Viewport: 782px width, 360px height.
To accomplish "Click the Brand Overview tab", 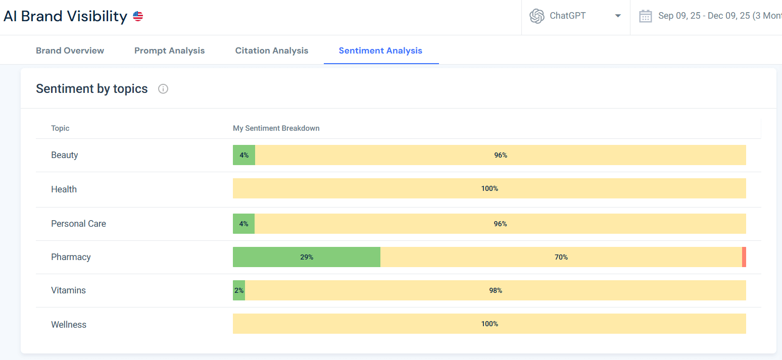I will (x=70, y=50).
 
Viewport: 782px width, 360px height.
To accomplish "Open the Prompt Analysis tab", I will (x=169, y=50).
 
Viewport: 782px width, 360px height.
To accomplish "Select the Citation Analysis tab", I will (x=271, y=50).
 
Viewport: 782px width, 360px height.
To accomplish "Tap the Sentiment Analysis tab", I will (x=380, y=50).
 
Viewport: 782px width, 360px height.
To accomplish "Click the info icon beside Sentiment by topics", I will (x=163, y=89).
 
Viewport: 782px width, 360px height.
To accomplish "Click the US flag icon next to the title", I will (x=138, y=16).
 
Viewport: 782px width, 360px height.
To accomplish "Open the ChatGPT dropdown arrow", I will (x=617, y=16).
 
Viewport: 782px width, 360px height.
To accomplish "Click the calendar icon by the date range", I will (x=645, y=16).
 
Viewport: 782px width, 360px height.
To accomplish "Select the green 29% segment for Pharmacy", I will (x=306, y=257).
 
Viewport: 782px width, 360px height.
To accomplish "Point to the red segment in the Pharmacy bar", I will (x=744, y=257).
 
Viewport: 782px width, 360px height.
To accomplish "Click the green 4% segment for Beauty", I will (x=244, y=155).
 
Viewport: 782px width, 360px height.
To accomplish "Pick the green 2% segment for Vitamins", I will (x=238, y=290).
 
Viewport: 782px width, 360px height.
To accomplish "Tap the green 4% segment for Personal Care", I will (x=243, y=224).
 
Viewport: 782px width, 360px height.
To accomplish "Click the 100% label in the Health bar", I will (x=489, y=188).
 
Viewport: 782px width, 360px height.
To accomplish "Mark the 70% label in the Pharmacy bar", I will (x=561, y=257).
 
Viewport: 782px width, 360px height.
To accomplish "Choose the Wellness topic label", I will (x=69, y=325).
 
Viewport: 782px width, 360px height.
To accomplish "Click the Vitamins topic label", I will (x=68, y=290).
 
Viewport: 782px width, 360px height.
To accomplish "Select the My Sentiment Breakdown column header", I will (x=276, y=128).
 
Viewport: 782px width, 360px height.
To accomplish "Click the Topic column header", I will (x=60, y=128).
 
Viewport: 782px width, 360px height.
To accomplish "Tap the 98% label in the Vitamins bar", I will (x=495, y=290).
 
